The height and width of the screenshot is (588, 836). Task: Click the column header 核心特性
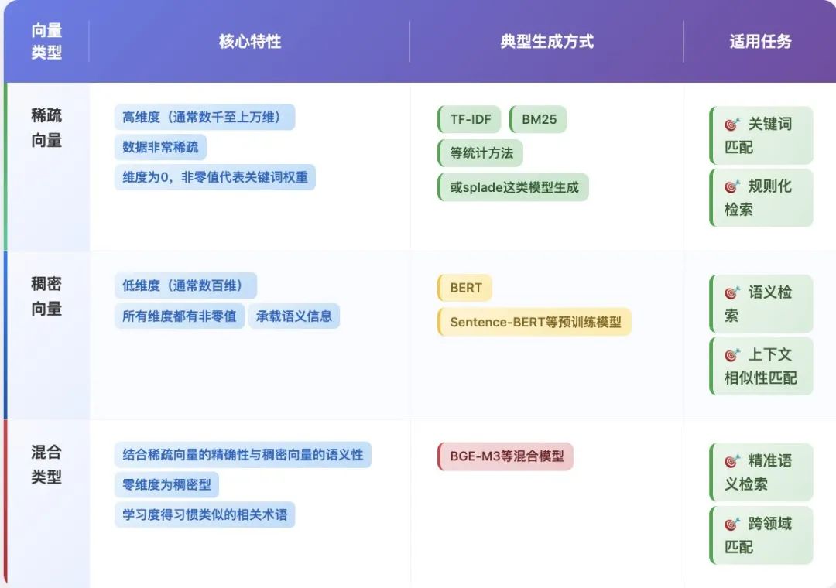coord(249,41)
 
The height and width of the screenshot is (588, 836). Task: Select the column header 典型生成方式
coord(546,41)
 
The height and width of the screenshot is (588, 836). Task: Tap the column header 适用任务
coord(760,41)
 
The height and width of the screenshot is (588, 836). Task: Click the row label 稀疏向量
coord(46,128)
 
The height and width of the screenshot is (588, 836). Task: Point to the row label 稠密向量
coord(46,296)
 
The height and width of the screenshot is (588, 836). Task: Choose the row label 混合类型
coord(46,464)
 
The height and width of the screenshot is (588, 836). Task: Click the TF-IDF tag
coord(470,120)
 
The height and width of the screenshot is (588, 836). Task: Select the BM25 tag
coord(538,120)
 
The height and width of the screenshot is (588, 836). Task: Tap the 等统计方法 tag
coord(481,152)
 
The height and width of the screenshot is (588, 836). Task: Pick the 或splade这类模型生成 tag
coord(513,186)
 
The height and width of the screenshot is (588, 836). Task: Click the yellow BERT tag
coord(465,288)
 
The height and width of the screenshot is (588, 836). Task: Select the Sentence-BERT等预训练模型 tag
coord(535,321)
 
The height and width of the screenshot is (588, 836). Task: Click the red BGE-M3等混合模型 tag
coord(505,456)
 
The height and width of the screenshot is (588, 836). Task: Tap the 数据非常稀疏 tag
coord(160,147)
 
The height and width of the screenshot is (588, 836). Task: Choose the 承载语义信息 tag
coord(294,315)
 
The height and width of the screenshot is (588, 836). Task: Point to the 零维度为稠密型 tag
coord(167,484)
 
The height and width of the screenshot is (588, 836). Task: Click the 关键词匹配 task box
coord(762,135)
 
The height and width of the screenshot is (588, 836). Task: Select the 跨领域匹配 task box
coord(762,535)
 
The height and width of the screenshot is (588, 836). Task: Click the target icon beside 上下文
coord(732,355)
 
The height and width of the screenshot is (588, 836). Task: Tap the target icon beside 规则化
coord(732,186)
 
